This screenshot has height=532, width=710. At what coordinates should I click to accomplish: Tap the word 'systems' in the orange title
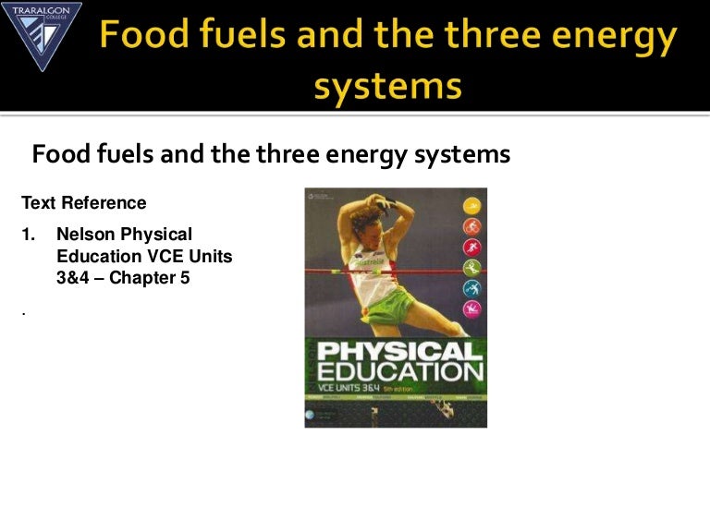387,85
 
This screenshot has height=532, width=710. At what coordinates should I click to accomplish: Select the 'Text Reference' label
83,202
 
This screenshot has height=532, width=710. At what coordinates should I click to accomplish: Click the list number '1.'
29,235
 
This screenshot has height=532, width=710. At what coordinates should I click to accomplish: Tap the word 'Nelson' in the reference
86,235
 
